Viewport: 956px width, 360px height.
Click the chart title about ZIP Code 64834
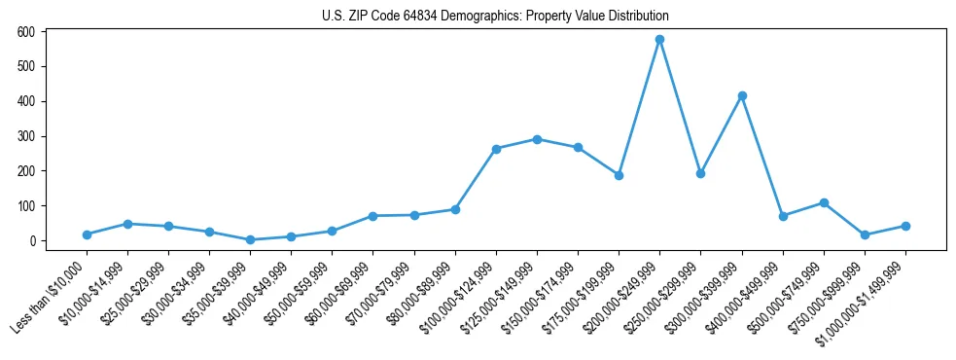(x=495, y=17)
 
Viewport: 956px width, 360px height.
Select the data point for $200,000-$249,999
(x=659, y=40)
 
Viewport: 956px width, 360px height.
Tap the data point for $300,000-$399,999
(x=742, y=95)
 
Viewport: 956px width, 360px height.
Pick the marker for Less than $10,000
(x=88, y=234)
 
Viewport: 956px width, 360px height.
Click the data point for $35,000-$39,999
(x=251, y=239)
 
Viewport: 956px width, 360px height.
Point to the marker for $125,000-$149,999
(x=537, y=139)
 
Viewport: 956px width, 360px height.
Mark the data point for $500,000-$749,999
(x=824, y=202)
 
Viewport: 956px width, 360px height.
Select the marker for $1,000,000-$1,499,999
(x=905, y=226)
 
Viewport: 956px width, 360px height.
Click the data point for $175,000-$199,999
(x=619, y=175)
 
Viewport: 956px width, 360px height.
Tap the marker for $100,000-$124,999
(x=496, y=149)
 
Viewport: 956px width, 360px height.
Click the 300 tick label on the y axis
(x=26, y=136)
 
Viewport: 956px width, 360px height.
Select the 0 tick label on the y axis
(x=32, y=241)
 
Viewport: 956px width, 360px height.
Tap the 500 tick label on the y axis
(x=26, y=66)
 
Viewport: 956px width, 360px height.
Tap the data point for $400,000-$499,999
(x=783, y=216)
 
